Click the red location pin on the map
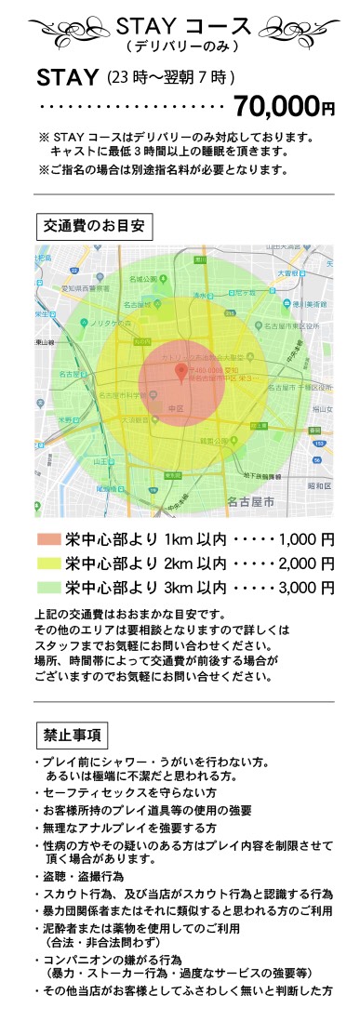[x=181, y=373]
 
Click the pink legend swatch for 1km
[x=47, y=539]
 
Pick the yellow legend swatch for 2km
[x=47, y=563]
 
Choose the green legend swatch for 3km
[x=47, y=587]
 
